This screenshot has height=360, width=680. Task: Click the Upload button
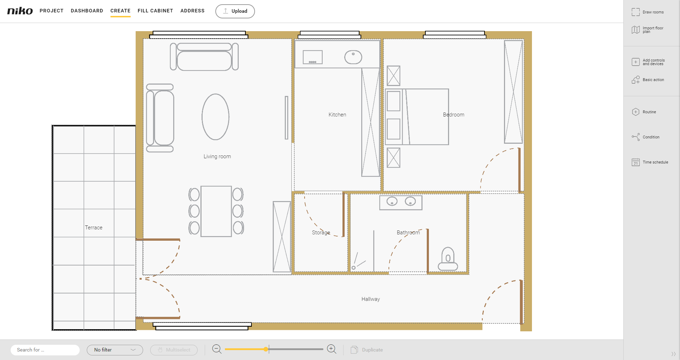click(235, 11)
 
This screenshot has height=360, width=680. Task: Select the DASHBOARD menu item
click(87, 11)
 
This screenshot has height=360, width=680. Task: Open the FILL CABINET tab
click(155, 11)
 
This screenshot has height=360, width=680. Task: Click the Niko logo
click(20, 11)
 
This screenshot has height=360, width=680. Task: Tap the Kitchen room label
click(337, 115)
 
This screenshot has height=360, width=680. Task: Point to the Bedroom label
click(454, 115)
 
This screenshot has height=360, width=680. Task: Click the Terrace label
click(93, 228)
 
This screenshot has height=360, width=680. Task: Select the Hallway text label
click(370, 299)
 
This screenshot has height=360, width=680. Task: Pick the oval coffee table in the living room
click(216, 117)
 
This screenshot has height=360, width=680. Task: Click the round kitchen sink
click(353, 57)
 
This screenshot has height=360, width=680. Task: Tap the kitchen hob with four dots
click(312, 57)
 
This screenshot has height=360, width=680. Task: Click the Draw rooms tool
click(648, 12)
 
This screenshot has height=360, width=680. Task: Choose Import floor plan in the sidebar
click(648, 30)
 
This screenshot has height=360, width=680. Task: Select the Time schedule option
click(650, 162)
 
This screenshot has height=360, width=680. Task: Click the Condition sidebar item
click(646, 137)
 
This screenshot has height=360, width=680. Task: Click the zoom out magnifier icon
click(217, 349)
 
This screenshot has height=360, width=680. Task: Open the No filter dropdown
click(115, 350)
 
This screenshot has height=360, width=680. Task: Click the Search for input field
click(45, 350)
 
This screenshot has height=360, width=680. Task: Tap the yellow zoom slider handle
click(266, 349)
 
